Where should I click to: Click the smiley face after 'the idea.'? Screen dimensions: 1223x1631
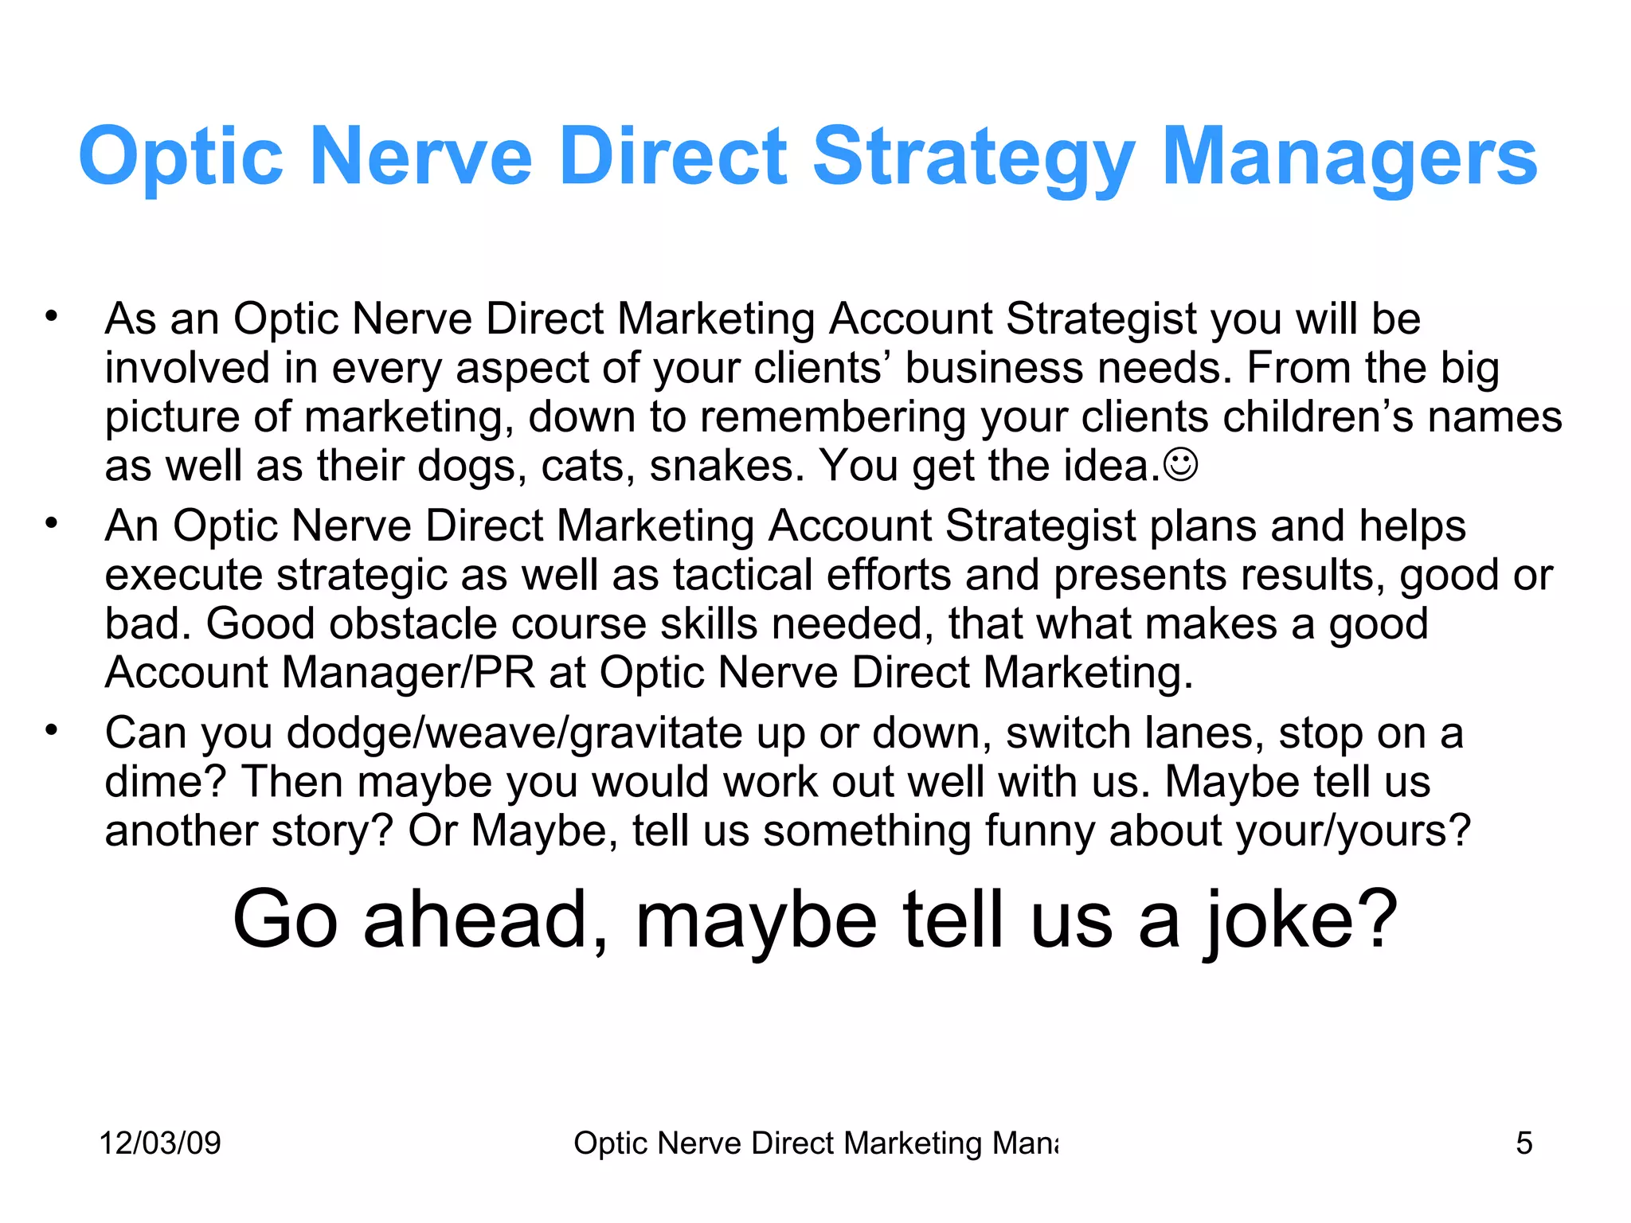click(1180, 465)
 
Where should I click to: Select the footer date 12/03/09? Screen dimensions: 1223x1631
click(160, 1143)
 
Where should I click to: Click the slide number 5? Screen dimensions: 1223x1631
click(1523, 1143)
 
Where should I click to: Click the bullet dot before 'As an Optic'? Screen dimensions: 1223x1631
click(52, 317)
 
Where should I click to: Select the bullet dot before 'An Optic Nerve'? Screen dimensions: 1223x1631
click(52, 524)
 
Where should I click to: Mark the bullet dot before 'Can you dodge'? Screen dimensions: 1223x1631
click(52, 731)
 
